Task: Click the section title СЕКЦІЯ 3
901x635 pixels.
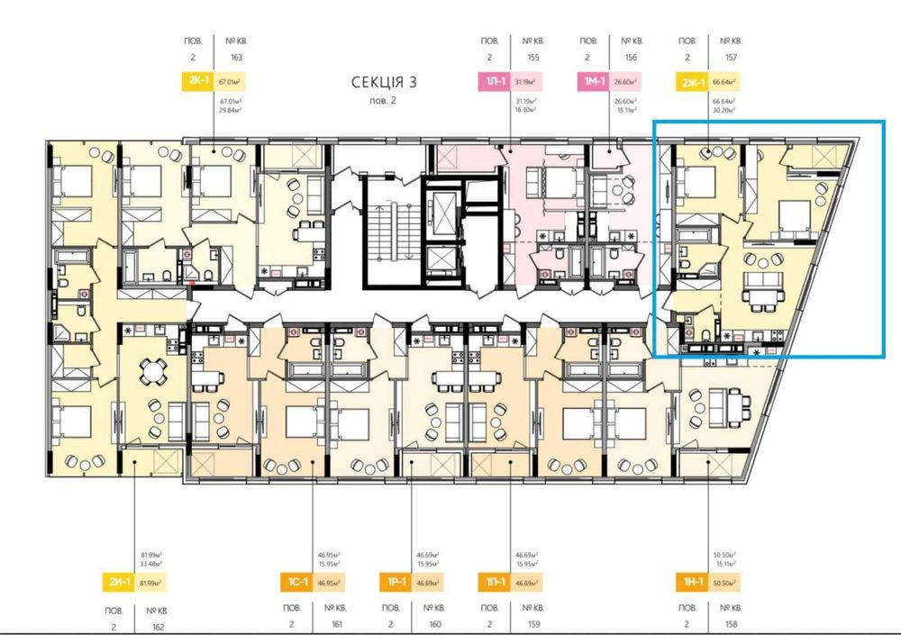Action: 384,83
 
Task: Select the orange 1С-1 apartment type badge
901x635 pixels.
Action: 298,583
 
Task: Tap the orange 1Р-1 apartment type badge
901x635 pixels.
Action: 396,583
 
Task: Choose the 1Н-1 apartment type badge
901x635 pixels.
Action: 692,583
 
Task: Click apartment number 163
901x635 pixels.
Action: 237,58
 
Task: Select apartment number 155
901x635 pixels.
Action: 533,58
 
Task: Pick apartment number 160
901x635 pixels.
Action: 434,623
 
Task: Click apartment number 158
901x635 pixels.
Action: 730,623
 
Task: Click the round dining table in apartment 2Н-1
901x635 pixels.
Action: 156,371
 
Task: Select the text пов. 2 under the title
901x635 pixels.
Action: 383,100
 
